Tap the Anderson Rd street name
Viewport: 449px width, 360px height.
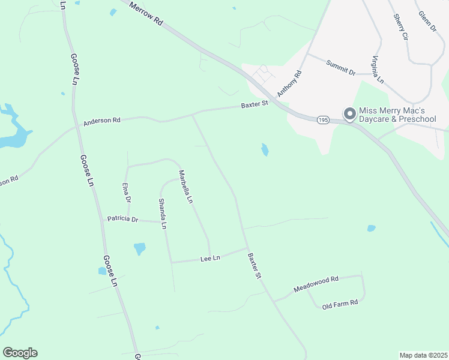(x=102, y=121)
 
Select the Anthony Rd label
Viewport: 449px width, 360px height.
(x=289, y=84)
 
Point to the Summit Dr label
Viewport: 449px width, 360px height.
(x=340, y=67)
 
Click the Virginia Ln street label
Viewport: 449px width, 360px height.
(x=378, y=69)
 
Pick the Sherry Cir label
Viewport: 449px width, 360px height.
(x=400, y=27)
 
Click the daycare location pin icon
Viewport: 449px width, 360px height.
(x=349, y=113)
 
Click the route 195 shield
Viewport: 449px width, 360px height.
(x=323, y=120)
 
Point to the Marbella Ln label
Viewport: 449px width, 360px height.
(x=185, y=186)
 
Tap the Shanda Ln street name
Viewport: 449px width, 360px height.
(x=162, y=214)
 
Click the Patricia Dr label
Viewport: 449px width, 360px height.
(x=122, y=219)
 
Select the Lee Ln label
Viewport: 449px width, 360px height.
(x=210, y=259)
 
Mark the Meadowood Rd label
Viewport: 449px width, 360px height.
(x=316, y=284)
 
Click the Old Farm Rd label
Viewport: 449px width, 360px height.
(x=340, y=303)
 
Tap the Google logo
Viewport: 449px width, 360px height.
(x=20, y=353)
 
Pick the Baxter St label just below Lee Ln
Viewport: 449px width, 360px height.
(x=255, y=266)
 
